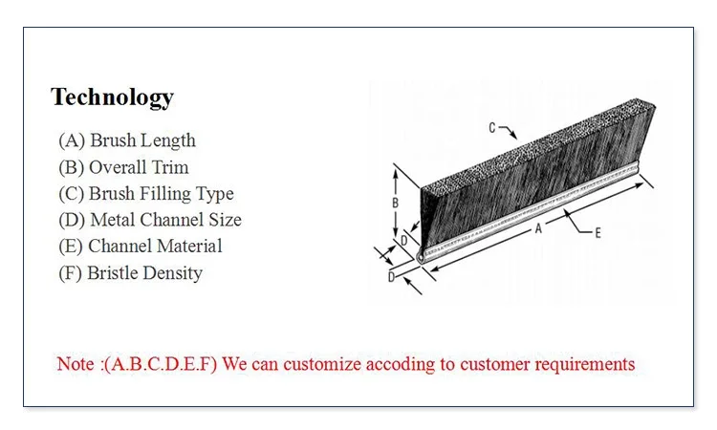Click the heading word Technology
[x=112, y=97]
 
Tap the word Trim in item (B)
[x=170, y=167]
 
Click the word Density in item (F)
[x=172, y=273]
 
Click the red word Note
[x=76, y=364]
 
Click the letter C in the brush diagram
[x=492, y=127]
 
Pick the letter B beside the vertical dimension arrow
[x=395, y=204]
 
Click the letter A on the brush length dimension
[x=538, y=228]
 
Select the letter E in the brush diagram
[x=597, y=232]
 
